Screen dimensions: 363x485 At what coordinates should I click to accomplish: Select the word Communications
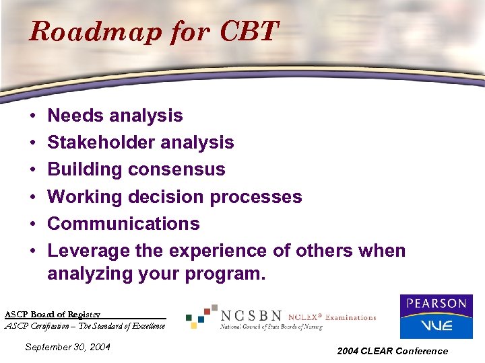[x=123, y=224]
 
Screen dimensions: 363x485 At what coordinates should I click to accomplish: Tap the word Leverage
[x=86, y=251]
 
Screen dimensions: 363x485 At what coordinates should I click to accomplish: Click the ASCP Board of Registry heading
[x=53, y=314]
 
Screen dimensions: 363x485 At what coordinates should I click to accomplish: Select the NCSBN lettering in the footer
[x=251, y=316]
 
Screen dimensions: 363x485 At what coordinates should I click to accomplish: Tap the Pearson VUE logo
[x=436, y=316]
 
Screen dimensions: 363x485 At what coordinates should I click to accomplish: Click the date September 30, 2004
[x=67, y=347]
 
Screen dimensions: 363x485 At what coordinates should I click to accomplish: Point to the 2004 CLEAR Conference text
[x=393, y=351]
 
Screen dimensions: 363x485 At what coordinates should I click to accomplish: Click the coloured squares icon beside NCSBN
[x=202, y=316]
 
